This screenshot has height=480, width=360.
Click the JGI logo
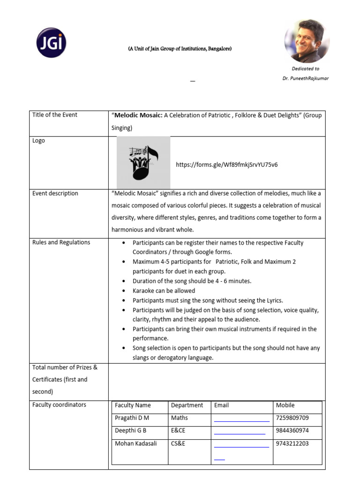pyautogui.click(x=52, y=43)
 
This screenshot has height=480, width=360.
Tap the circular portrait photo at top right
pyautogui.click(x=307, y=41)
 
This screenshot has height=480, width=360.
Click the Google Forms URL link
pyautogui.click(x=226, y=165)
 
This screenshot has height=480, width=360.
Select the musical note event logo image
pyautogui.click(x=143, y=163)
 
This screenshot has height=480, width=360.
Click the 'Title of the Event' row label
pyautogui.click(x=55, y=115)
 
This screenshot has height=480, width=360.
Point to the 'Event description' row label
pyautogui.click(x=55, y=193)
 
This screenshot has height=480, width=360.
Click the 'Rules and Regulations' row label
pyautogui.click(x=61, y=242)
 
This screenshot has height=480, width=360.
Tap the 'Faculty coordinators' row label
pyautogui.click(x=59, y=405)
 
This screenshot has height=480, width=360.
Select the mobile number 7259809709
pyautogui.click(x=292, y=418)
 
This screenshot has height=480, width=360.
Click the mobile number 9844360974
pyautogui.click(x=292, y=430)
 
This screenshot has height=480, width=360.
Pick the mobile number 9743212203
pyautogui.click(x=292, y=443)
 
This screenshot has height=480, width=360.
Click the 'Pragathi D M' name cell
pyautogui.click(x=132, y=418)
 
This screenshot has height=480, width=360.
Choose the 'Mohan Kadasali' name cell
pyautogui.click(x=136, y=443)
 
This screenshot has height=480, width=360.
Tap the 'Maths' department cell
pyautogui.click(x=180, y=418)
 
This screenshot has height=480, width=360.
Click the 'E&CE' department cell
pyautogui.click(x=178, y=430)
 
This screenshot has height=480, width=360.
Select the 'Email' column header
pyautogui.click(x=221, y=405)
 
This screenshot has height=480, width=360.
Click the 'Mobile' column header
pyautogui.click(x=285, y=405)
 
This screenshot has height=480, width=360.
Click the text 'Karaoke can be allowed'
pyautogui.click(x=164, y=291)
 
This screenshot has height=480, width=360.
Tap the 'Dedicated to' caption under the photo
pyautogui.click(x=305, y=68)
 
